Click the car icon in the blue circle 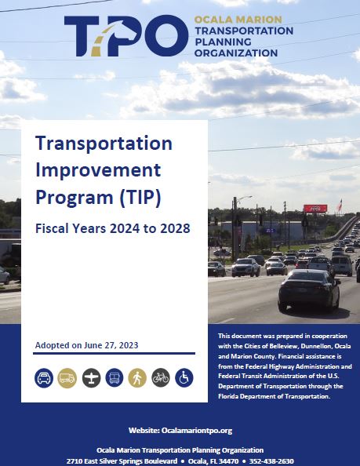tap(45, 378)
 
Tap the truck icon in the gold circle tap(67, 378)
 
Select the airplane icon tap(91, 378)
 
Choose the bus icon tap(115, 378)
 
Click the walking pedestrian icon tap(137, 378)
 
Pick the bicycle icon tap(161, 378)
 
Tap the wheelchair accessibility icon tap(184, 378)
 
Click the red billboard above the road tap(315, 209)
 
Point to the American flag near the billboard tap(339, 206)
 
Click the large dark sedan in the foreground tap(308, 290)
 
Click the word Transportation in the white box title tap(104, 144)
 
